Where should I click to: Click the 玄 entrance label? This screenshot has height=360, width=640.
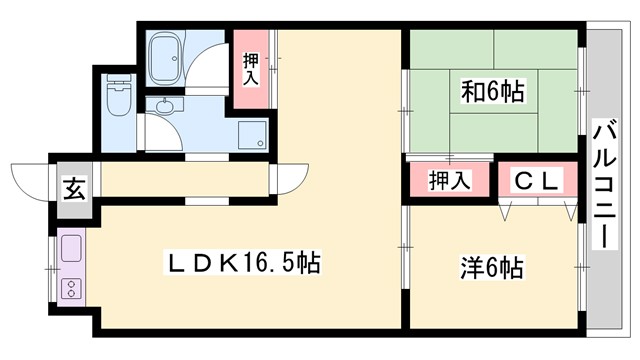coord(75,187)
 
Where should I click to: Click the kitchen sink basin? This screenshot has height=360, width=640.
coord(70,250)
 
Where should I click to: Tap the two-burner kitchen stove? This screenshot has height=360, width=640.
coord(72,289)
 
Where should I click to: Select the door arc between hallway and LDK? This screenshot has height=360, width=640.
coord(284,180)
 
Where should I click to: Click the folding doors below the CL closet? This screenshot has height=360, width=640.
coord(541,207)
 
